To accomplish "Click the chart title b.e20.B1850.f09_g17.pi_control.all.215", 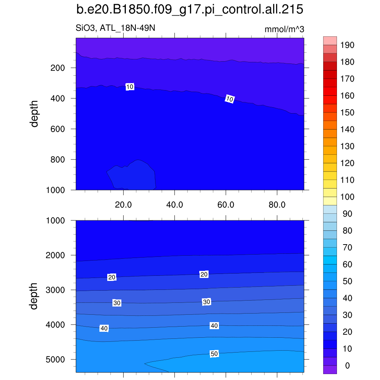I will [190, 10].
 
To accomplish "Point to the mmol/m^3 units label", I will [284, 29].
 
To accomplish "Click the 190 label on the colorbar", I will [347, 45].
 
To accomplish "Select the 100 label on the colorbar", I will [347, 197].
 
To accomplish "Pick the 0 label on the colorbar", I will [347, 366].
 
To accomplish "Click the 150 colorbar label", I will [347, 112].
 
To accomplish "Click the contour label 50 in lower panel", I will [214, 354].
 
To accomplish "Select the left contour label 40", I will [104, 328].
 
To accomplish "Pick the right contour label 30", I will [206, 302].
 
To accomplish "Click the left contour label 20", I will [112, 277].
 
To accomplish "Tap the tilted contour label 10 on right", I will [230, 99].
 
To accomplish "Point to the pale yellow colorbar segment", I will [330, 201].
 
